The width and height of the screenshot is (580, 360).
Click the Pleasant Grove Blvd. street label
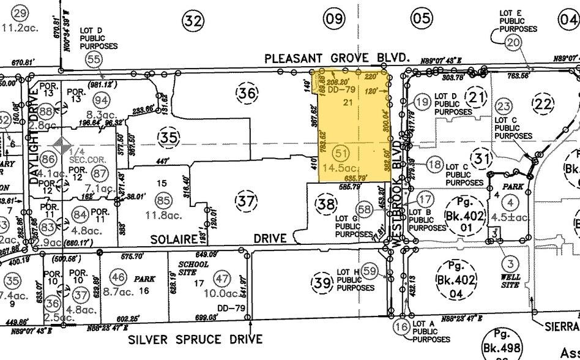[x=336, y=58]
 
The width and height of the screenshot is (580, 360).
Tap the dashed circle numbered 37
[x=246, y=199]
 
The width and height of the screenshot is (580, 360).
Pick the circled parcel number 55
[x=94, y=59]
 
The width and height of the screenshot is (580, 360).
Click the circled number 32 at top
[x=193, y=21]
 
